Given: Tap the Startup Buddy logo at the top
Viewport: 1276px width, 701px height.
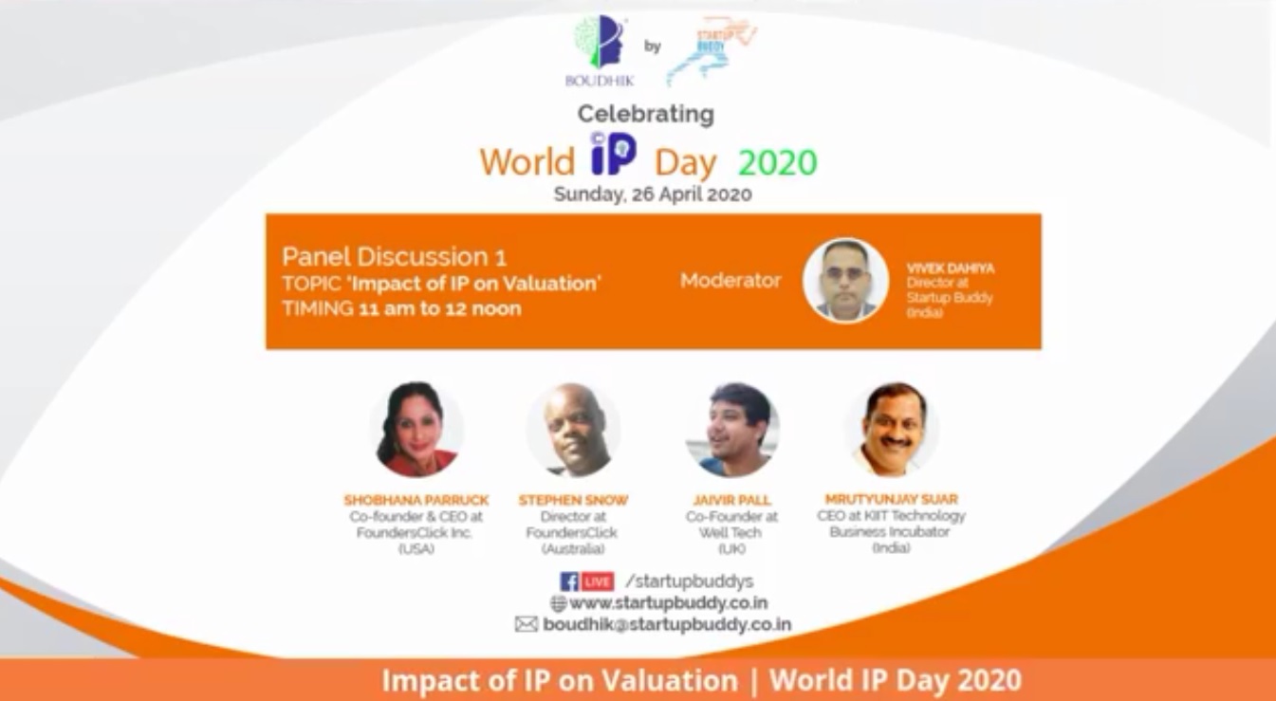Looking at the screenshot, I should click(712, 49).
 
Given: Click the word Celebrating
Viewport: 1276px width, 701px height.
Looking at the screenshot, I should click(646, 114).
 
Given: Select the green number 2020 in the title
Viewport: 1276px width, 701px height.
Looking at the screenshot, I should click(777, 163).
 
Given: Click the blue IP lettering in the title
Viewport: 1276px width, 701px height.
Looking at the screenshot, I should click(613, 155).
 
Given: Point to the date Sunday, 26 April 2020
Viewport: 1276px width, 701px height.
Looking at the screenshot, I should click(653, 194).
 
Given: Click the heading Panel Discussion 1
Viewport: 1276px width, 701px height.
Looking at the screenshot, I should click(394, 256).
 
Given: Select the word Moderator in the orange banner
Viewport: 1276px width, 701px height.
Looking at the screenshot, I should click(730, 281).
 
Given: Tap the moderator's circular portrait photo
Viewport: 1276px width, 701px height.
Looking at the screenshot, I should click(845, 281).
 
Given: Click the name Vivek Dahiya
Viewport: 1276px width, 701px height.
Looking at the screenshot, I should click(951, 269).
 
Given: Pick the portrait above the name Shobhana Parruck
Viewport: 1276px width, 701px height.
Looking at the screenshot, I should click(416, 430).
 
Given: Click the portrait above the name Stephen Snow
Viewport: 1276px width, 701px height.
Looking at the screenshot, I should click(574, 430).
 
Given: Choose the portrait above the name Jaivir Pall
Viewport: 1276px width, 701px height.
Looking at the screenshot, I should click(732, 430).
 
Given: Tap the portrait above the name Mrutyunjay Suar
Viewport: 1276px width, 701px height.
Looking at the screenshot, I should click(892, 430).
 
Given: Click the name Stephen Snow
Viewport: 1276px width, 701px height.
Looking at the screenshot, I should click(573, 500).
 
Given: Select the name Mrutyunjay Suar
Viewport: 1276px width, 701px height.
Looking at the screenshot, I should click(892, 499).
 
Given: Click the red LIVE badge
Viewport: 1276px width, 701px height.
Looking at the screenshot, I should click(598, 581).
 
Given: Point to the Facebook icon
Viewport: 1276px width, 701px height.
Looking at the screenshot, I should click(569, 581).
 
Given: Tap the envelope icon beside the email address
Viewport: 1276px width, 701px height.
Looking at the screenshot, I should click(527, 624).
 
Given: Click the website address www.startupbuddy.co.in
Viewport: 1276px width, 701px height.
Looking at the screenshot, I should click(668, 603).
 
